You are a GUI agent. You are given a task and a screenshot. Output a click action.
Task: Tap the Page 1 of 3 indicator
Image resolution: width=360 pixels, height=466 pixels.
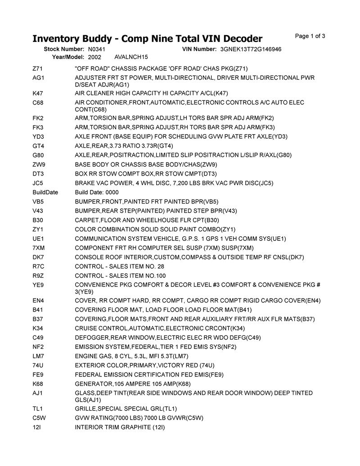[310, 36]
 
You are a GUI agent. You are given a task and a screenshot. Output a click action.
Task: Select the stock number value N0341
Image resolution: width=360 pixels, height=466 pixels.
[97, 49]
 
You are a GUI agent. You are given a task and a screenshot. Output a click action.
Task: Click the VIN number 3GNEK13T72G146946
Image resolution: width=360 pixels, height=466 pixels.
[251, 49]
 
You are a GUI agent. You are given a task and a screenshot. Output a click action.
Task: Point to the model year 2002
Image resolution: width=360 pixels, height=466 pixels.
[94, 57]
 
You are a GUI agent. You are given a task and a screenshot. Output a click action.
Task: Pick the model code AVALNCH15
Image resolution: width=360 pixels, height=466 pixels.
[131, 57]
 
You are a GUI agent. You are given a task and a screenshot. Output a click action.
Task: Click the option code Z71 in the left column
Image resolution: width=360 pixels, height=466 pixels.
[37, 68]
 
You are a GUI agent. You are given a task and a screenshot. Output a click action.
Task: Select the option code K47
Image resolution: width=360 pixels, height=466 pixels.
[38, 93]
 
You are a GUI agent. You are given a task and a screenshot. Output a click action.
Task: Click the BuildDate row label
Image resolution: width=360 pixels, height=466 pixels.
[45, 192]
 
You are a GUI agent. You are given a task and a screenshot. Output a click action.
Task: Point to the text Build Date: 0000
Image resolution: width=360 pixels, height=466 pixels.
[97, 192]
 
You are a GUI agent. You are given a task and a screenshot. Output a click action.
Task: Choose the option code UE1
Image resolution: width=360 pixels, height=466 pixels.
[38, 239]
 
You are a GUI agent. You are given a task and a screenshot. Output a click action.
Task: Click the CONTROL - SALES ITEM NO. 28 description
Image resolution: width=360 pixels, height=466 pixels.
[119, 267]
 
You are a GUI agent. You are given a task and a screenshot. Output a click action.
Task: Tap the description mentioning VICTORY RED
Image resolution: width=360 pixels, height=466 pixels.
[144, 365]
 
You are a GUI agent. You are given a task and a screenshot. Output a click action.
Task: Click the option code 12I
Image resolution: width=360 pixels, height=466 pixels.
[37, 427]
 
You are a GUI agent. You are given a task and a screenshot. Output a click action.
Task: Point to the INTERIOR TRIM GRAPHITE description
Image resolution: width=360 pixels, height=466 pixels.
[120, 427]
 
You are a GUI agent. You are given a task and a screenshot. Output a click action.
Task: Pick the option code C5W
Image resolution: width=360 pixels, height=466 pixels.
[39, 417]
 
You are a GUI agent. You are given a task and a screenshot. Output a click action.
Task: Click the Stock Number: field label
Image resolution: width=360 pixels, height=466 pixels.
[64, 49]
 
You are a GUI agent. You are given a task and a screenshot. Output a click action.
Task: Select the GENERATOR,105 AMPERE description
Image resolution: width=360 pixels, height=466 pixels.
[133, 384]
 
